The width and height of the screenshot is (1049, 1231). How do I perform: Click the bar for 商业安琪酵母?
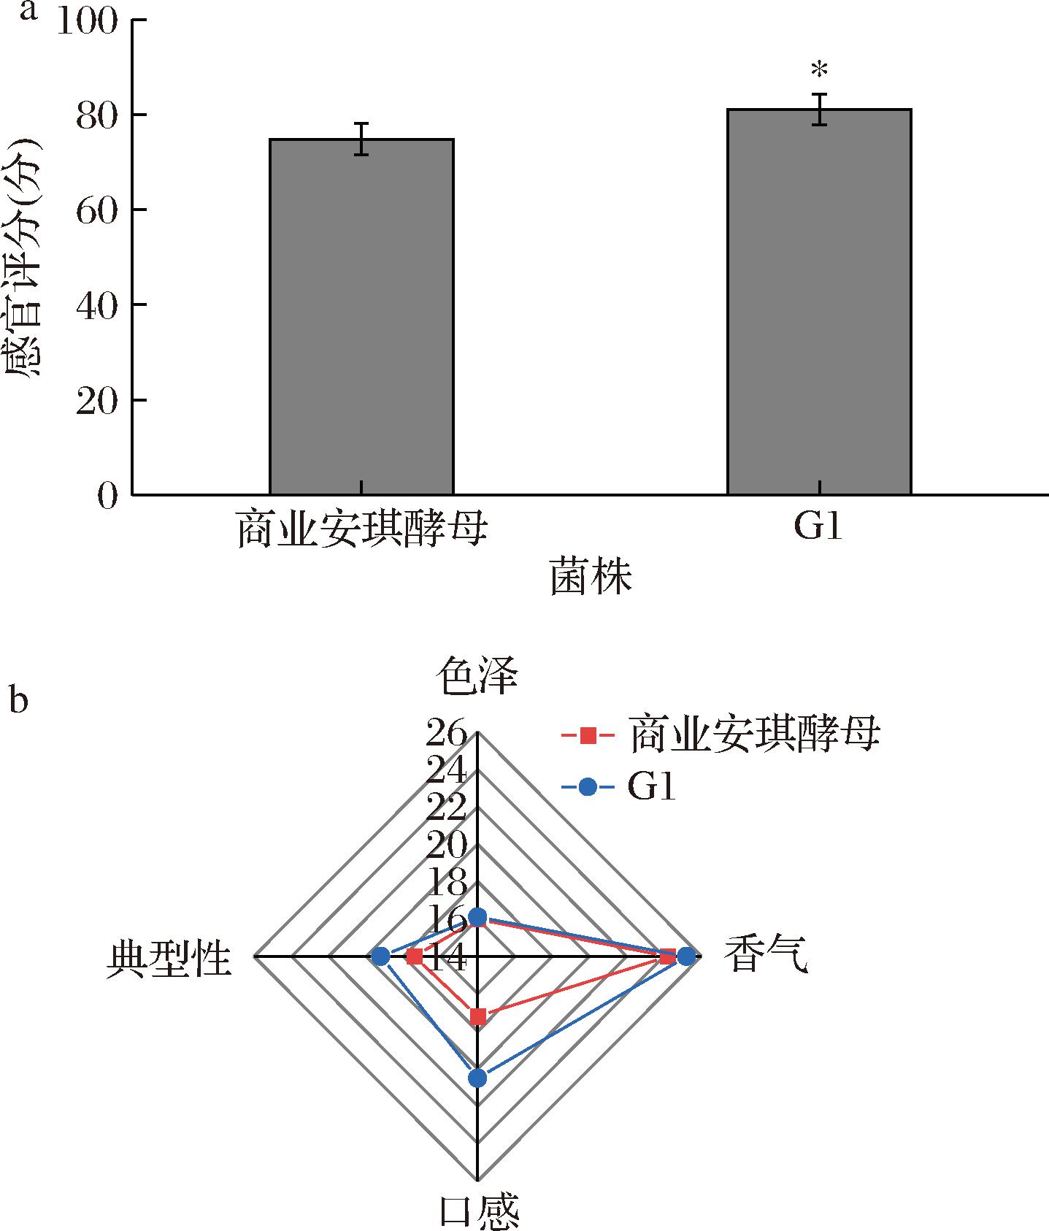pos(361,317)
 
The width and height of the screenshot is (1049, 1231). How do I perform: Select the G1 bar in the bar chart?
pos(819,302)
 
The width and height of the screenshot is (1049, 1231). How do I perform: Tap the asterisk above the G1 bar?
pos(819,71)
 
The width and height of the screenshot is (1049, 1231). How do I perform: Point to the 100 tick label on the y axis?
pos(86,22)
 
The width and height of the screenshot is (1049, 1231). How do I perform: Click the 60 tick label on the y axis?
pos(97,210)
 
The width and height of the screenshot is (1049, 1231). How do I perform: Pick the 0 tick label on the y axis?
pos(107,496)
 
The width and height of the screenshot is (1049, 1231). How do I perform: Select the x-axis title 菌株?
pos(591,577)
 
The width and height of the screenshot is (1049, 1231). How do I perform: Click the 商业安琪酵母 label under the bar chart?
pos(361,529)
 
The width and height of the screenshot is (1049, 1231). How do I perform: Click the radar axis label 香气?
pos(766,955)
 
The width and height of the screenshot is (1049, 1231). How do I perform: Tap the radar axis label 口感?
pos(479,1209)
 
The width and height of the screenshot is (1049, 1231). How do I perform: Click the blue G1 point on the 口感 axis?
pos(477,1078)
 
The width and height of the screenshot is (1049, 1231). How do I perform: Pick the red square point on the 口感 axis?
pos(477,1016)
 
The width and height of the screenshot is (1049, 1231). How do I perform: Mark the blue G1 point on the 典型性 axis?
pos(380,956)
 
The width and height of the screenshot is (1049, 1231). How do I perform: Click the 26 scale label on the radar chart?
pos(446,732)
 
